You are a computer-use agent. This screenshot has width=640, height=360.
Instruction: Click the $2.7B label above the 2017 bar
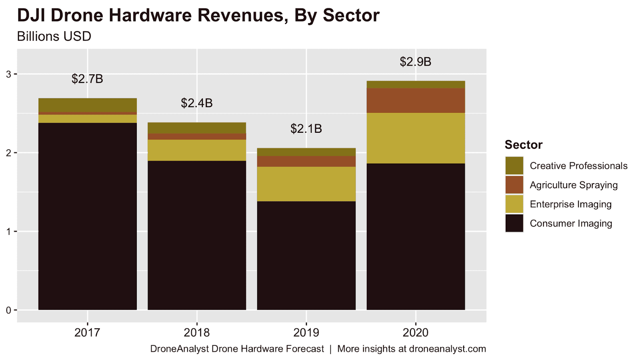pos(87,79)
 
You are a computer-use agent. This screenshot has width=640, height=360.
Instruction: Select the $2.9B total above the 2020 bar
pos(416,62)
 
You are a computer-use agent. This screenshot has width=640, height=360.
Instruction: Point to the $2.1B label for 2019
pos(306,128)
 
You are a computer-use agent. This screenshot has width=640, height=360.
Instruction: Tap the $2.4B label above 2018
pos(197,103)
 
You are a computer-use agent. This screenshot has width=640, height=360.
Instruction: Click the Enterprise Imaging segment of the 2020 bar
pos(416,138)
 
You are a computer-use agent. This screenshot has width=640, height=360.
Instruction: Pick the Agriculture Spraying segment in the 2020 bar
pos(416,100)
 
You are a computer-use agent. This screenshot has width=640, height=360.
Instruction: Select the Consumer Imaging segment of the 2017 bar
pos(87,216)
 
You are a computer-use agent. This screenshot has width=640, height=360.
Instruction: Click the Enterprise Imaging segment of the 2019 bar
pos(306,184)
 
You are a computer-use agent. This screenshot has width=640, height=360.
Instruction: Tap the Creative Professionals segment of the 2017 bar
pos(87,105)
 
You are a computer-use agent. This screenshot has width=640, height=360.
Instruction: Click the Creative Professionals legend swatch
pos(514,166)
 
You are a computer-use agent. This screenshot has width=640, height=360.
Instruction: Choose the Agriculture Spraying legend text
pos(574,185)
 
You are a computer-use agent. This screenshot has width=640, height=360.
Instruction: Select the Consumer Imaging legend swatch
pos(514,223)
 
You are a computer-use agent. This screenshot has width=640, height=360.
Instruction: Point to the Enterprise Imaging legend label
pos(570,204)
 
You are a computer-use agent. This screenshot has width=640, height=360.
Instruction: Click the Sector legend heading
pos(523,144)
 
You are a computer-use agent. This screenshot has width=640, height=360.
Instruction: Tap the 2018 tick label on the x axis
pos(197,332)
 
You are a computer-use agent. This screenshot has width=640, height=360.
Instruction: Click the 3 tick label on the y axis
pos(9,74)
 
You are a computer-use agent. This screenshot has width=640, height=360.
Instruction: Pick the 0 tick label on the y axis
pos(9,310)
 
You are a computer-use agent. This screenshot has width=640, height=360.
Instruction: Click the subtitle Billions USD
pos(54,36)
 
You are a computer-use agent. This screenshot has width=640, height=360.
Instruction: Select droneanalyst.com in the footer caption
pos(448,349)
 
